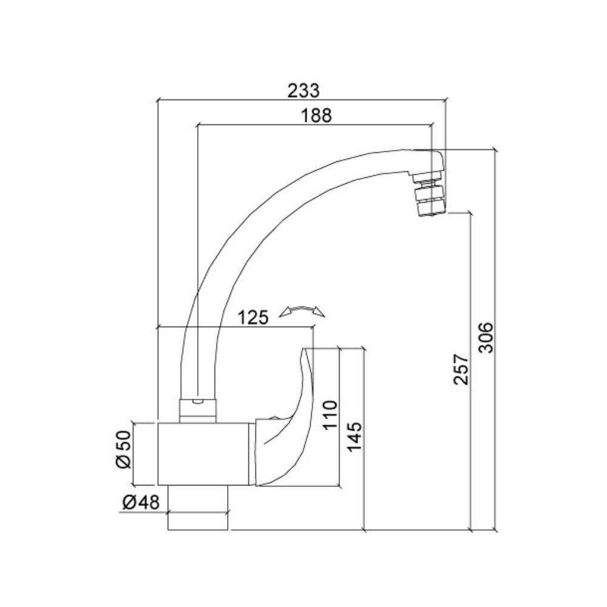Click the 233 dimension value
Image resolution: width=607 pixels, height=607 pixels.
point(303,90)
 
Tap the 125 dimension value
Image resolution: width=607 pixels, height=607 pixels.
point(253,317)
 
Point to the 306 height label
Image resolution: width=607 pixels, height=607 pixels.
point(486,338)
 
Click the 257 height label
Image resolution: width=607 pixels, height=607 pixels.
point(461,369)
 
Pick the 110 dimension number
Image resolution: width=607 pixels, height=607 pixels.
point(330,415)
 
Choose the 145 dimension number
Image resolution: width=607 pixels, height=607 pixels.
point(355,436)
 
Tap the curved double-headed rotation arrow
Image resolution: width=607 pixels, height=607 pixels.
point(302,312)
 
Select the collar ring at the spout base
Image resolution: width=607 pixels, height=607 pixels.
point(198,410)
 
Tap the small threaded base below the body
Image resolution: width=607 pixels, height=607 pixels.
point(198,520)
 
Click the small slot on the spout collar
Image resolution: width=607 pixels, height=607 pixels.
point(198,402)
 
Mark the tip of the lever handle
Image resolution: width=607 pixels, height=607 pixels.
point(308,350)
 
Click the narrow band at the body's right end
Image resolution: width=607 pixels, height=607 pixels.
point(252,453)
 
